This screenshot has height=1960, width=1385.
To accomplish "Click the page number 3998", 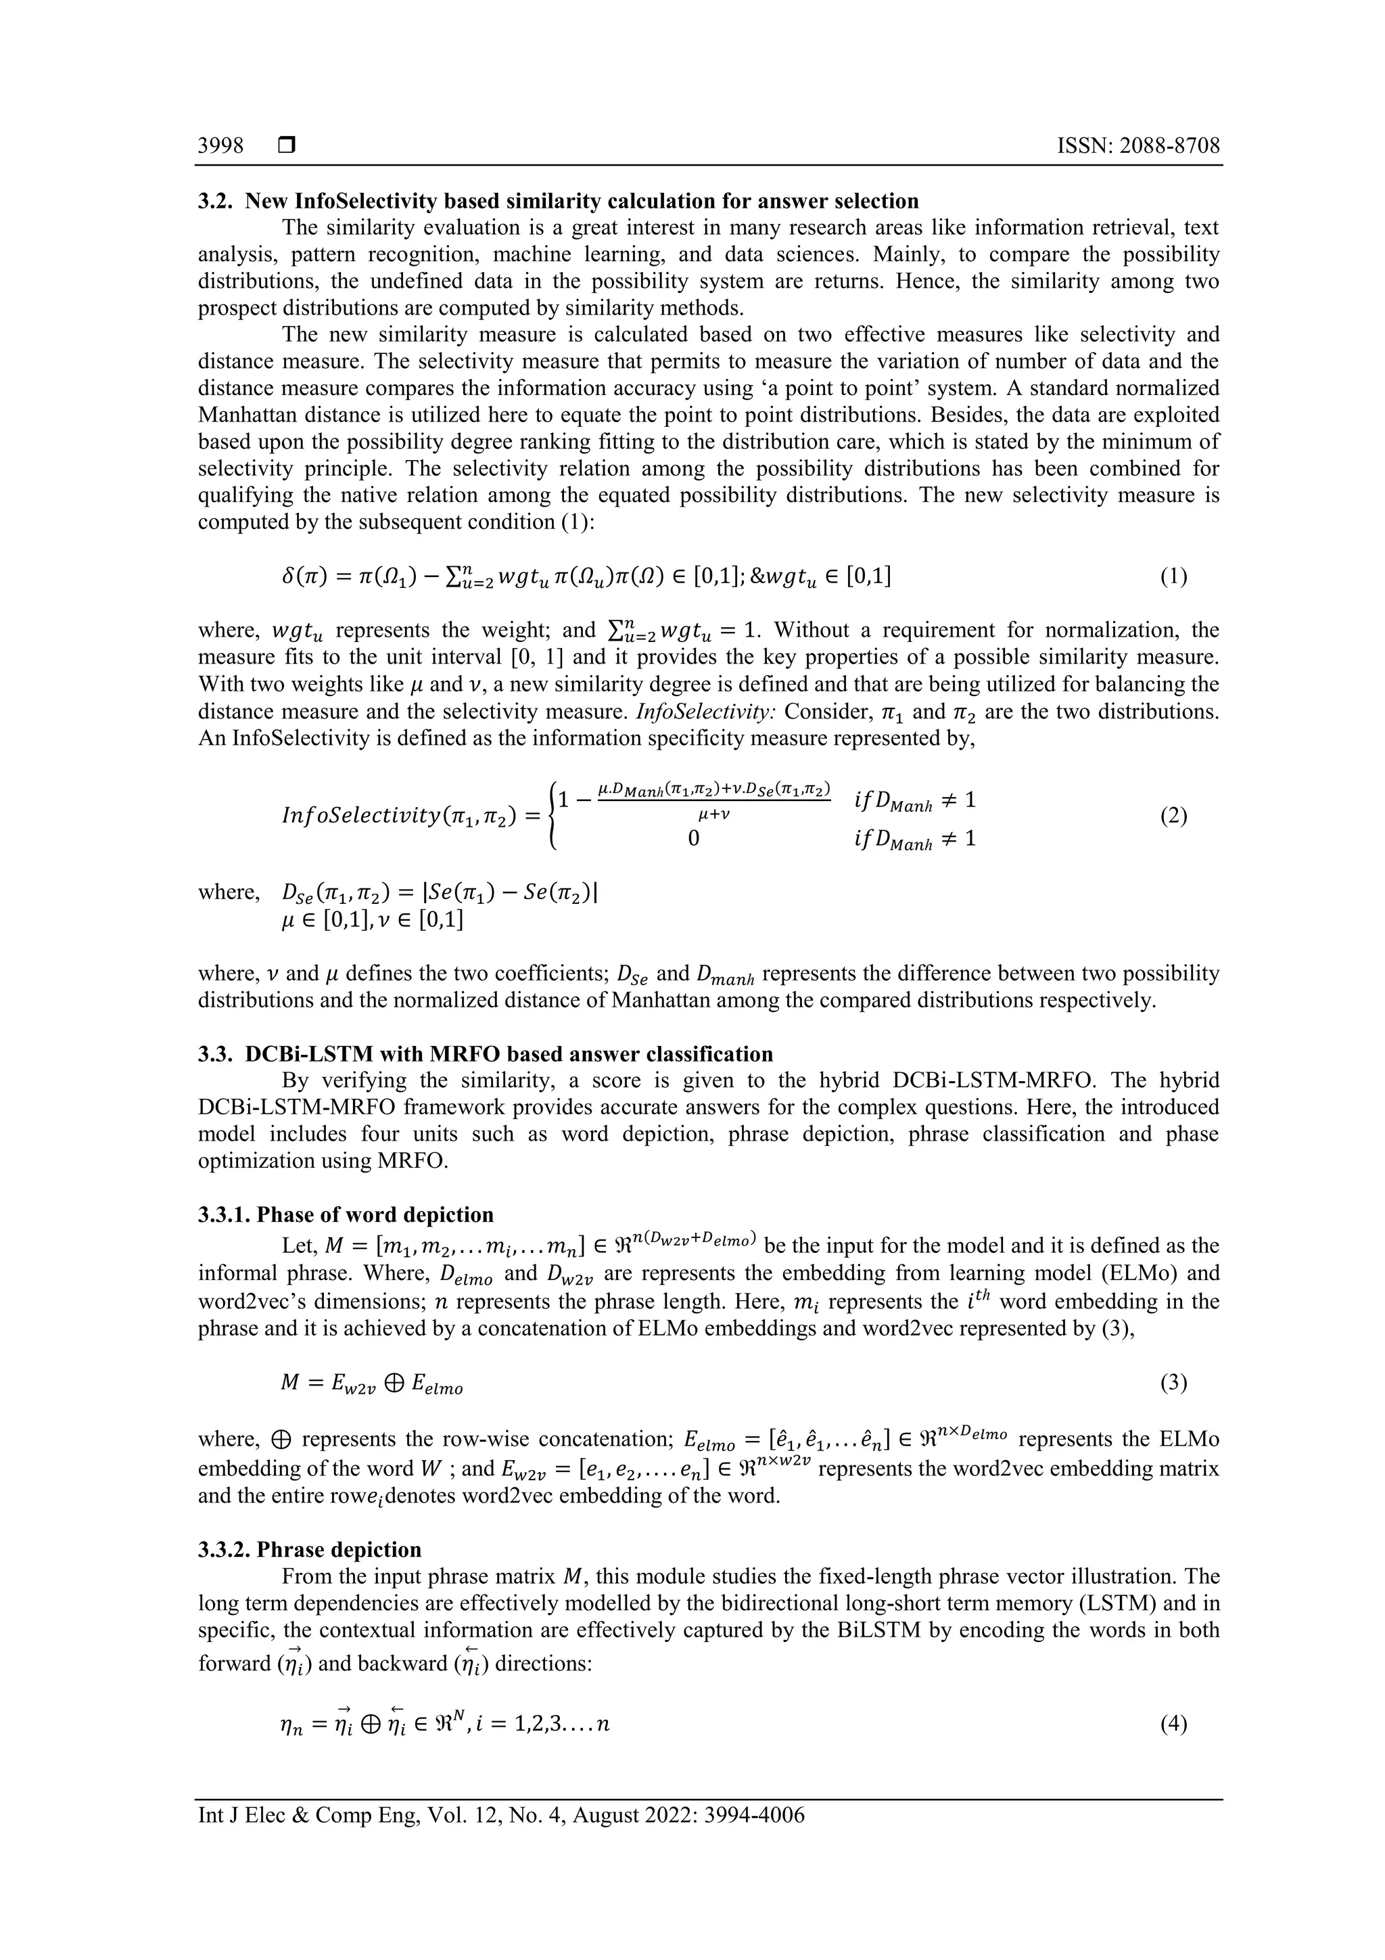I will [220, 146].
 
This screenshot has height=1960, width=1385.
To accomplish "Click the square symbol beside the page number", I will [287, 146].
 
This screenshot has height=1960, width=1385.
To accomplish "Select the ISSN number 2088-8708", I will [1171, 146].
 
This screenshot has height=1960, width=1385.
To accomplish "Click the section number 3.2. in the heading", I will [217, 202].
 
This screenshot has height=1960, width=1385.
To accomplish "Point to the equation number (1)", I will [1173, 577].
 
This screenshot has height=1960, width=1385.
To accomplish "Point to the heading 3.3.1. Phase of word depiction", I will [346, 1214].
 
